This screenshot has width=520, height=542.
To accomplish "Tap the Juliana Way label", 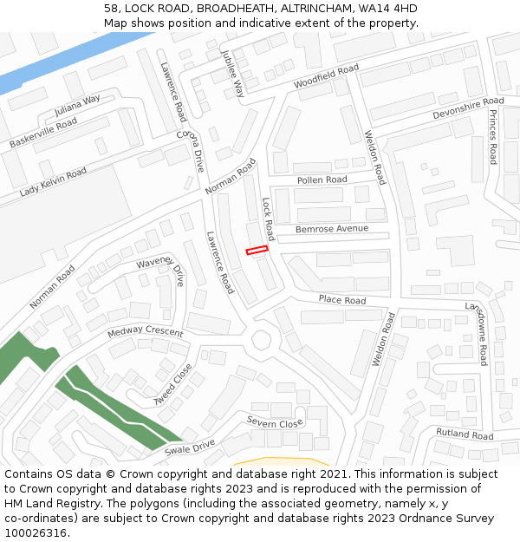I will click(77, 106).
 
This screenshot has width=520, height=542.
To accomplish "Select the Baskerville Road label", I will click(42, 132).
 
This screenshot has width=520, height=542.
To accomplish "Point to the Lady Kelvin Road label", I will click(53, 182).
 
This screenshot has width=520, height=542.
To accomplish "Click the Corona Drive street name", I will click(191, 150).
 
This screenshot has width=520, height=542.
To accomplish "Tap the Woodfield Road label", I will click(326, 75).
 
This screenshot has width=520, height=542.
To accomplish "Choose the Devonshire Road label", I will click(468, 108).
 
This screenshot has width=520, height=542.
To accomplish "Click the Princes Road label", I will click(492, 136).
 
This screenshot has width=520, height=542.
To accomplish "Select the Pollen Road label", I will click(322, 180).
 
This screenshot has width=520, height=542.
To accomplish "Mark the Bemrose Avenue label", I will click(332, 229).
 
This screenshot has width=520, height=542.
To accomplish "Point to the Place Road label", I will click(341, 300).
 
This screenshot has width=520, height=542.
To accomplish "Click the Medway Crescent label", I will click(146, 333).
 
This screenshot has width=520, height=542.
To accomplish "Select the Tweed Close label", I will click(172, 384).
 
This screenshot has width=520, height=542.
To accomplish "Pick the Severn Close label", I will click(274, 422).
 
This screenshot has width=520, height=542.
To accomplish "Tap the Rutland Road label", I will click(464, 434).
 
